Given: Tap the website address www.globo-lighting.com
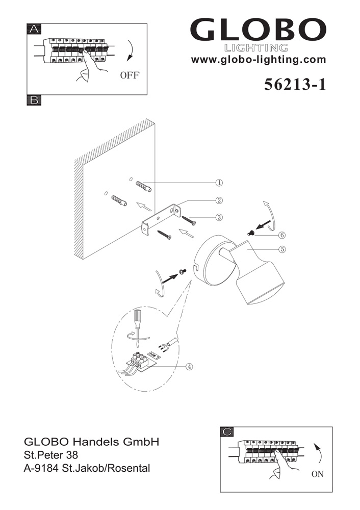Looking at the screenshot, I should [259, 60].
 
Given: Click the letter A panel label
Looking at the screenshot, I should [34, 29].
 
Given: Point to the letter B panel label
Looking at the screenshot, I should [34, 100].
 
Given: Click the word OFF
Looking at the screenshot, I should [130, 75].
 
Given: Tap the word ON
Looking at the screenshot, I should [317, 474].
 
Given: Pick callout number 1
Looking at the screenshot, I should [219, 182].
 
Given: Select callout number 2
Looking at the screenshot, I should [219, 200].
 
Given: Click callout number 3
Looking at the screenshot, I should [219, 217].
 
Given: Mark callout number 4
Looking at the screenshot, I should [189, 366].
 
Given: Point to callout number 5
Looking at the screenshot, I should [282, 249].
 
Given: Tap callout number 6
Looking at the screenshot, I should [282, 235].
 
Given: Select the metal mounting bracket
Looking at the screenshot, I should [160, 219].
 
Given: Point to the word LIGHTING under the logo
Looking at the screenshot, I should [256, 48].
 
